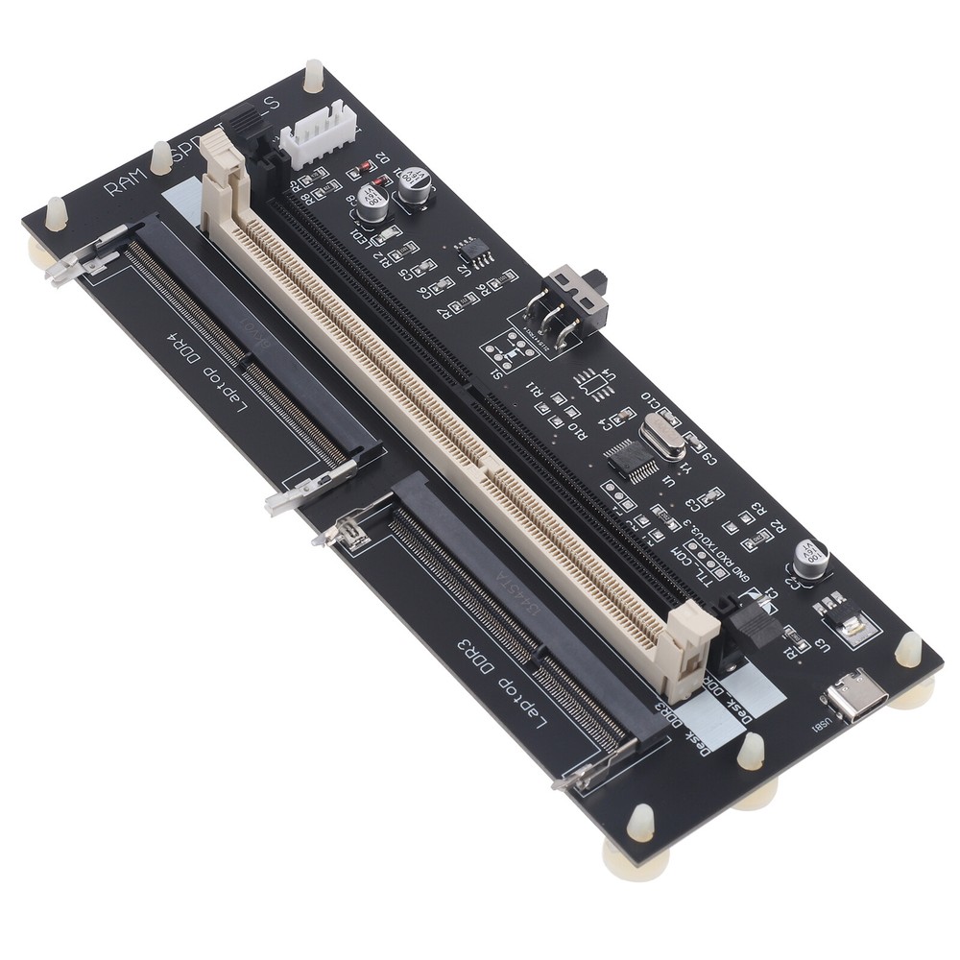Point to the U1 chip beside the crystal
(632, 459)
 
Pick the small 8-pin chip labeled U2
(471, 248)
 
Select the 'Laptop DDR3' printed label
(499, 672)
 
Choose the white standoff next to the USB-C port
(907, 650)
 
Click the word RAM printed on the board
(123, 180)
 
